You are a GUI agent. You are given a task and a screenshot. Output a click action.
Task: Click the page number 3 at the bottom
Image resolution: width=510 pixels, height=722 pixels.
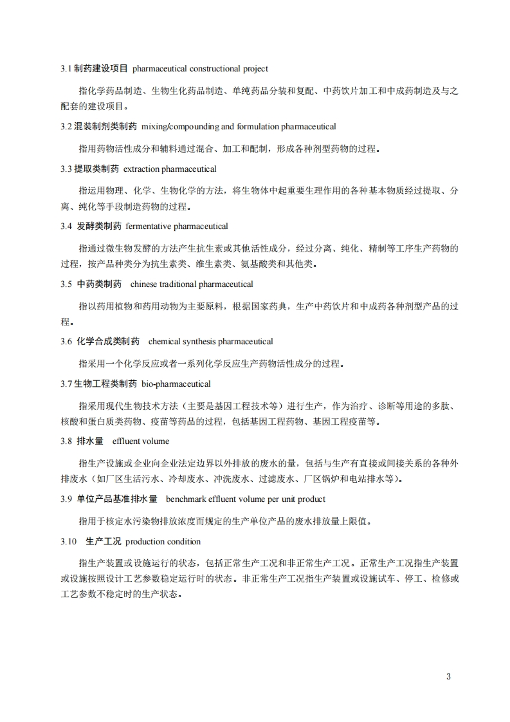(x=448, y=676)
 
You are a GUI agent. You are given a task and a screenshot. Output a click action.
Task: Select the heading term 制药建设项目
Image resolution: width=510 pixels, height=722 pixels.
(x=101, y=68)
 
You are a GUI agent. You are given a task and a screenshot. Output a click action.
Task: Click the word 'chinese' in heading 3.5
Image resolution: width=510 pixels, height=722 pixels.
(x=142, y=284)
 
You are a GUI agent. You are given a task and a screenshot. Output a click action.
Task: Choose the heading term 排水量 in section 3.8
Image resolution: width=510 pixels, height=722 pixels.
(x=90, y=441)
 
